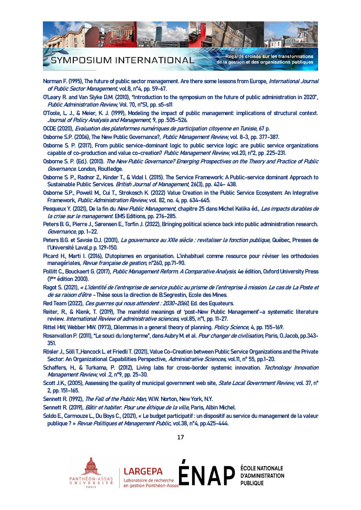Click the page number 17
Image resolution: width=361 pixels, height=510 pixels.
[180, 437]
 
